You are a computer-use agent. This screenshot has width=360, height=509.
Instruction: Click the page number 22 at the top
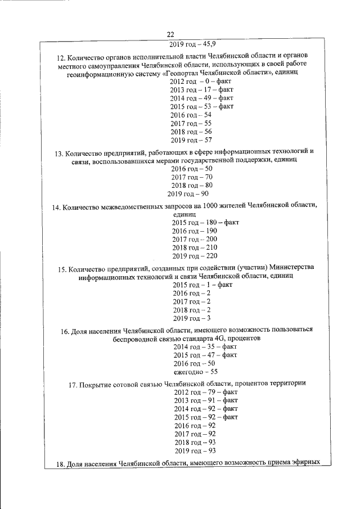(178, 34)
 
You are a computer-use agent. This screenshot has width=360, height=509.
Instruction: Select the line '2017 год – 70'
(192, 177)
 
